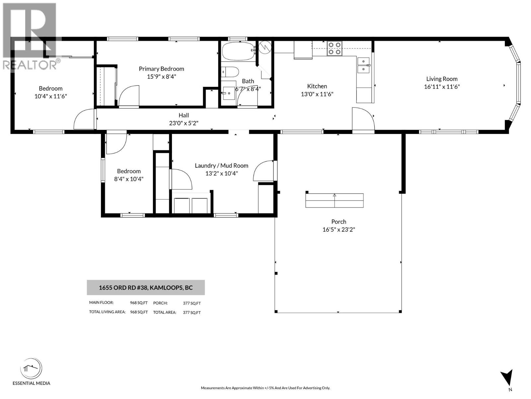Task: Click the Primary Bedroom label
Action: tap(161, 69)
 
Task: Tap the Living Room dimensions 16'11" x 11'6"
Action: tap(442, 87)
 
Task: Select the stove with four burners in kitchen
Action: tap(334, 49)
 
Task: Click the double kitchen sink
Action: tap(364, 65)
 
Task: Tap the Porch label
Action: tap(339, 222)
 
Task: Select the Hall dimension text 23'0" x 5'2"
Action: tap(184, 123)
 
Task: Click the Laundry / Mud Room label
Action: tap(221, 166)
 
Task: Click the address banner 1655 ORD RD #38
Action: tap(146, 288)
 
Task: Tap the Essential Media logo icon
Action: tap(31, 369)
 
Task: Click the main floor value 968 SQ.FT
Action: tap(139, 303)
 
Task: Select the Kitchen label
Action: tap(317, 86)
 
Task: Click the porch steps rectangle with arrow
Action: tap(334, 200)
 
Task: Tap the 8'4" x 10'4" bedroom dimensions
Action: tap(129, 179)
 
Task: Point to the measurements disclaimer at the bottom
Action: tap(265, 388)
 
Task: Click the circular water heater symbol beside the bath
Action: tap(265, 48)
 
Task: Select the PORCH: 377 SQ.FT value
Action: tap(191, 303)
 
